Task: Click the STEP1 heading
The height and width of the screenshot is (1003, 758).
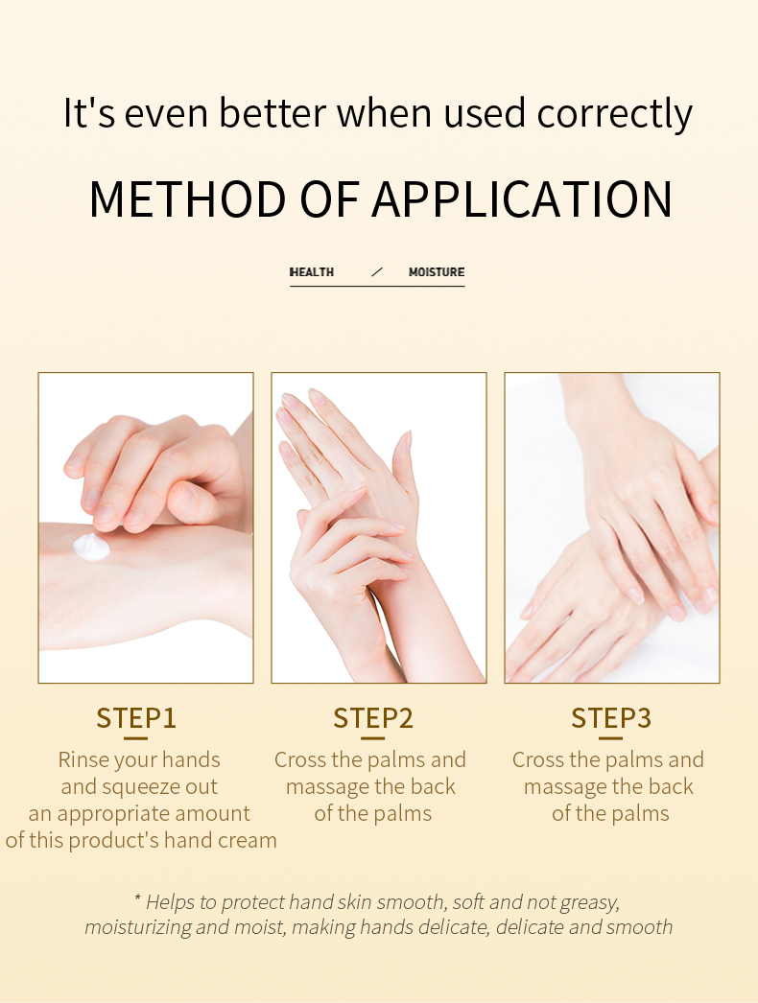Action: coord(136,717)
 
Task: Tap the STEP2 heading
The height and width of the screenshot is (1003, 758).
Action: coord(373,717)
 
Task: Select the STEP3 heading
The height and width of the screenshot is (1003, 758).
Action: coord(611,717)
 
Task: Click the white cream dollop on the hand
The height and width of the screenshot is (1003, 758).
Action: coord(91,547)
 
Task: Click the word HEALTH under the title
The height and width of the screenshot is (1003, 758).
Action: coord(312,272)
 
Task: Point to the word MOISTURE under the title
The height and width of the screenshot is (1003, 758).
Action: coord(437,272)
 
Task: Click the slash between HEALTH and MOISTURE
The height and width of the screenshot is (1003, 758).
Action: coord(377,272)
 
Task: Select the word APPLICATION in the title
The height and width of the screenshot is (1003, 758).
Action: coord(522,198)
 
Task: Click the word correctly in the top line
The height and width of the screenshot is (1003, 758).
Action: coord(614,113)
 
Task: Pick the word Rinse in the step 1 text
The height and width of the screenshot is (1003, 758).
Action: coord(83,759)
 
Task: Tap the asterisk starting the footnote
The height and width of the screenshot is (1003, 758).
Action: coord(137,900)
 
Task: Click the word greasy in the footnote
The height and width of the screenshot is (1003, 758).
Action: coord(588,902)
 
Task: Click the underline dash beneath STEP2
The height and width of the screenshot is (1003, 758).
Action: coord(373,737)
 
